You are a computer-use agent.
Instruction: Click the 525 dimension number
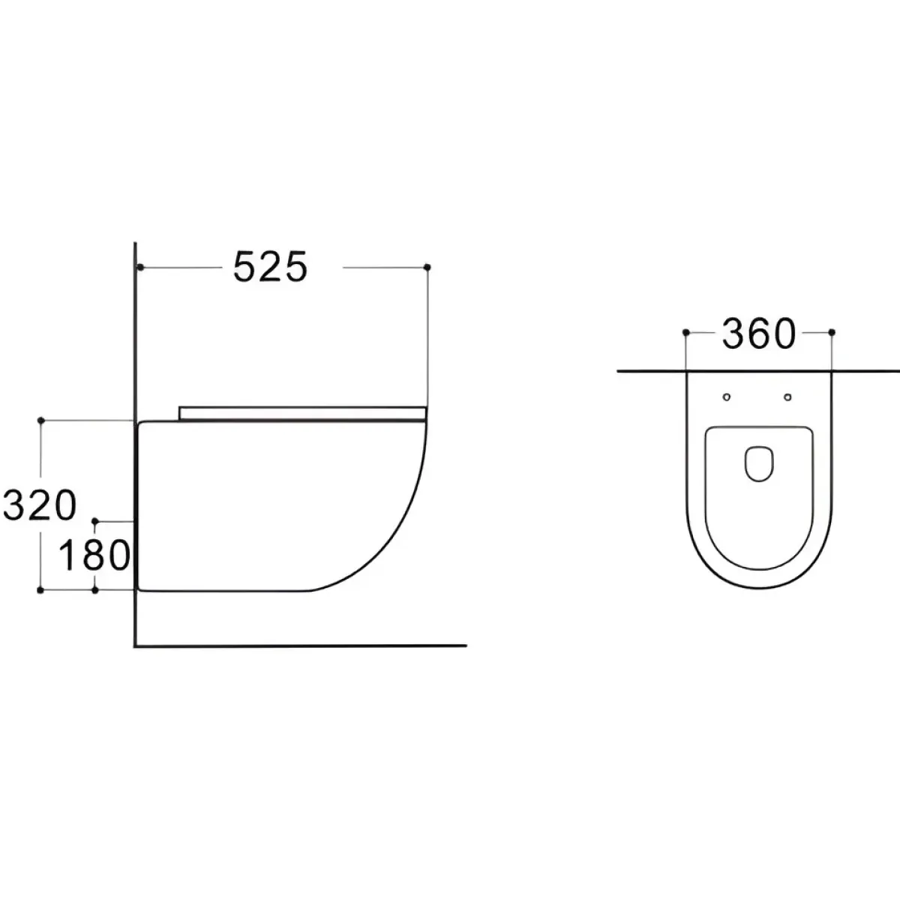270,267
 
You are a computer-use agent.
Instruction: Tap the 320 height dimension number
40,505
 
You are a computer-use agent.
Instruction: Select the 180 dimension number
94,554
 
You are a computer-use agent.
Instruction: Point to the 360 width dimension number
758,334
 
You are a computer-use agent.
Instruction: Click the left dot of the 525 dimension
139,267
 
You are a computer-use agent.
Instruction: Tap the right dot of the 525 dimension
427,267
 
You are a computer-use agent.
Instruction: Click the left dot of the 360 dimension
685,332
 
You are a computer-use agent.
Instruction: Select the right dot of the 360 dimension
831,332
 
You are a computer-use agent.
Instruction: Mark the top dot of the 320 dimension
40,420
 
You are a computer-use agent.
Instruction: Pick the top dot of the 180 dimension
95,520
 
